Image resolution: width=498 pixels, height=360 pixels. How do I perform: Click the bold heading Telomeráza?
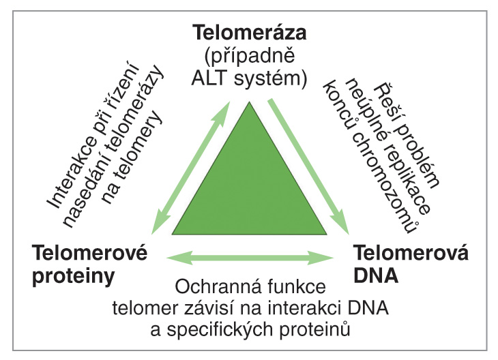[250, 32]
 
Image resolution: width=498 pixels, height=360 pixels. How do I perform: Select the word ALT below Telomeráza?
[209, 78]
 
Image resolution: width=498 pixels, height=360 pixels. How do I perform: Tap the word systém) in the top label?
[271, 78]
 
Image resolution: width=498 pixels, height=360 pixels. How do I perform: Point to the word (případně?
[249, 56]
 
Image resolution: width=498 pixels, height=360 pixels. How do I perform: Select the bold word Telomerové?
[90, 253]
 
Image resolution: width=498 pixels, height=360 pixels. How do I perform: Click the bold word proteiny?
[74, 276]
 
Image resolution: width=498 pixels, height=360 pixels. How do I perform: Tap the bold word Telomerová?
[411, 253]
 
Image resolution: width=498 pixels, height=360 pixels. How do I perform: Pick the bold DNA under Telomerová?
[376, 275]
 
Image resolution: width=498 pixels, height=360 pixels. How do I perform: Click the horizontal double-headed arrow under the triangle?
[250, 258]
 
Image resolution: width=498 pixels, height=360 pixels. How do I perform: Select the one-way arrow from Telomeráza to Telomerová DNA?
[309, 166]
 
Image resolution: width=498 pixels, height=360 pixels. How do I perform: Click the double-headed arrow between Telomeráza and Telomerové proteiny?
[190, 168]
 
